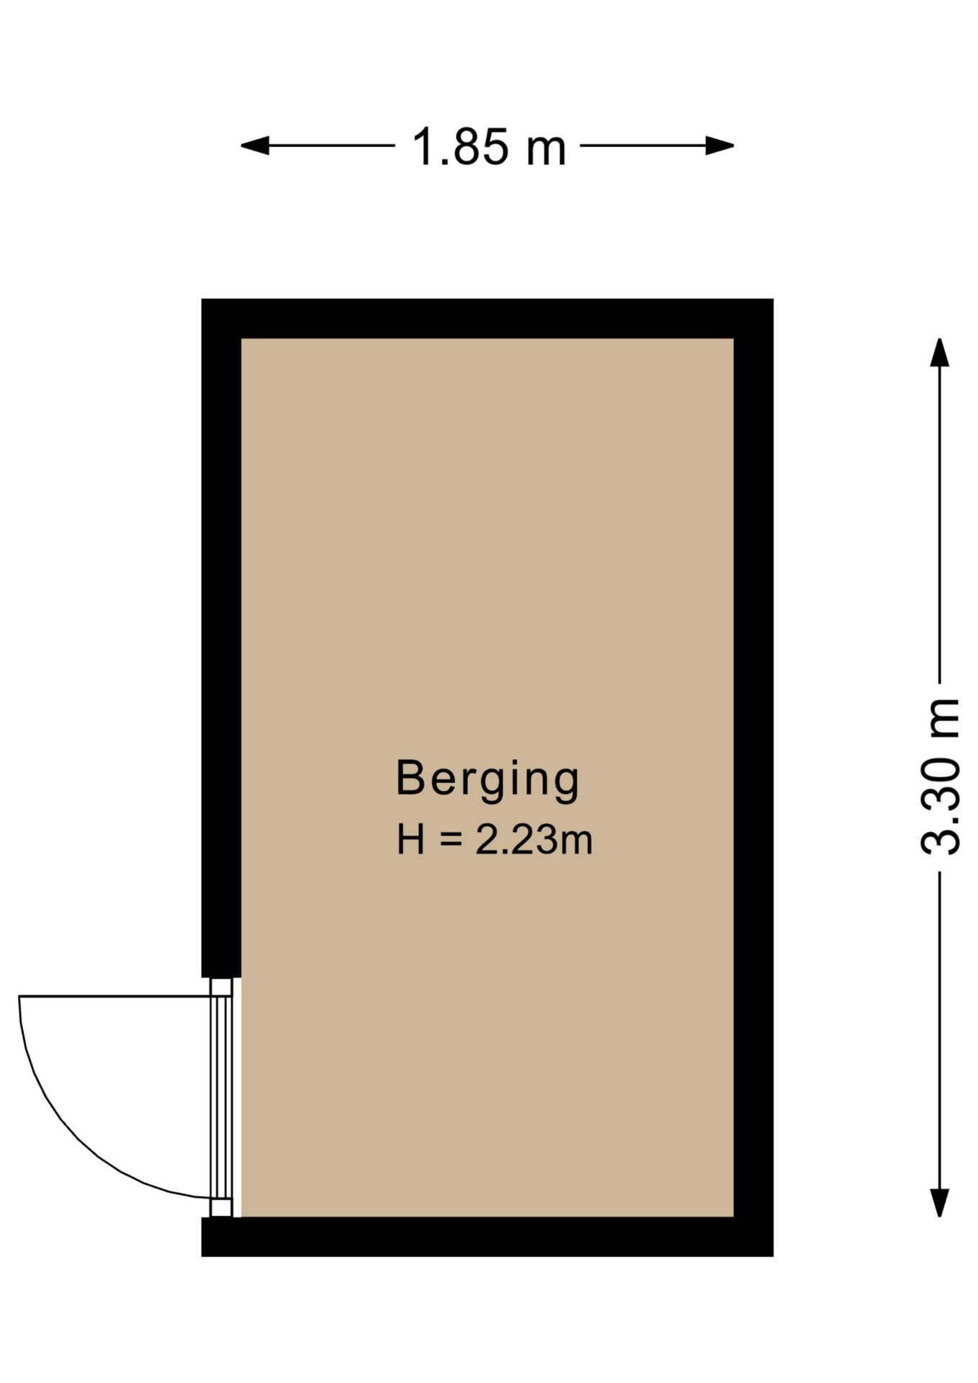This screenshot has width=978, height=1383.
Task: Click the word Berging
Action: tap(488, 779)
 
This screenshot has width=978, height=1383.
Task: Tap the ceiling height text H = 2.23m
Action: tap(494, 840)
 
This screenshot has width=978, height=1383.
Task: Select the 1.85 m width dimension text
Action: tap(488, 147)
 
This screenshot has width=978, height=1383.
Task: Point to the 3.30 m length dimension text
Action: tap(941, 776)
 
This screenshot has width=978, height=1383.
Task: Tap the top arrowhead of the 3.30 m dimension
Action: tap(939, 352)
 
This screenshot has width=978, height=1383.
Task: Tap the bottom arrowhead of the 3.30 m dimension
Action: tap(939, 1202)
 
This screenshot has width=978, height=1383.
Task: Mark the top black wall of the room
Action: tap(487, 318)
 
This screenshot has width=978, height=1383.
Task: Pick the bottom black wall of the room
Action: tap(487, 1237)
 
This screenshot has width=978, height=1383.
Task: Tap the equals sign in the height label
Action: tap(450, 840)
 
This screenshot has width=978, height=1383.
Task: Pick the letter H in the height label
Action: tap(411, 840)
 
